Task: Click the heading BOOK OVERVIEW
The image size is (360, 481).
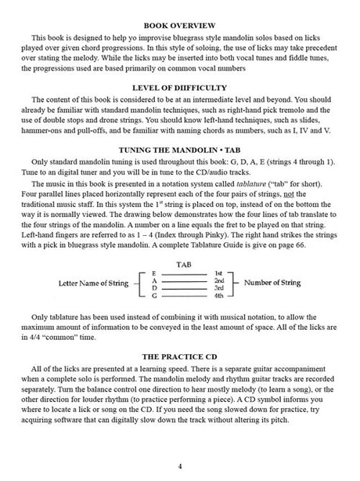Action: point(180,26)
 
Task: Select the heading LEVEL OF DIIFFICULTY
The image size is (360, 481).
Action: point(180,98)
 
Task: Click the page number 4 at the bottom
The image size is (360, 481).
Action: point(180,467)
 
